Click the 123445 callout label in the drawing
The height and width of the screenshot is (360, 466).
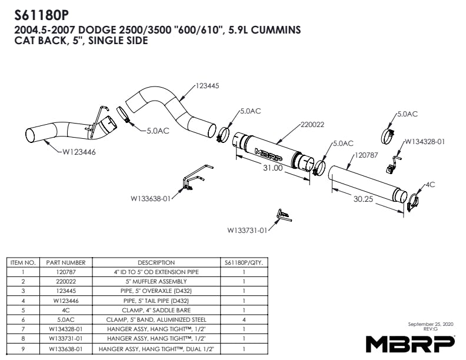pos(208,86)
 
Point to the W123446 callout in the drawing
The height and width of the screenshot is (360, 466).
pos(79,152)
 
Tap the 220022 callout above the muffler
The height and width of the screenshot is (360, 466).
pos(312,125)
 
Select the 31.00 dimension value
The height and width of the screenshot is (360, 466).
pos(273,168)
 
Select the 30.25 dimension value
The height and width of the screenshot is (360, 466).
pos(363,199)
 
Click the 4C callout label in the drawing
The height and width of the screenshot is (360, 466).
pos(430,185)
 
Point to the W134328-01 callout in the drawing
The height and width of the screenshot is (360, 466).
pos(425,142)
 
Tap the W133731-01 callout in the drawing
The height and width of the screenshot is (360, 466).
pos(247,230)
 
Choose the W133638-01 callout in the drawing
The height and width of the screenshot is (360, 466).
pos(151,198)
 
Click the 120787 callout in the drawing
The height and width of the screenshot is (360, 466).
pos(367,155)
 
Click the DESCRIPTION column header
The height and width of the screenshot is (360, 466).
pos(157,262)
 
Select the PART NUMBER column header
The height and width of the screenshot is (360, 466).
pos(66,262)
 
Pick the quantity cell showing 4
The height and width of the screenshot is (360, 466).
pos(244,319)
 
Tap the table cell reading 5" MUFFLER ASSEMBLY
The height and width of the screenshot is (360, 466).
pos(157,281)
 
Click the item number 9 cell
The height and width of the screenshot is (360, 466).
pos(23,348)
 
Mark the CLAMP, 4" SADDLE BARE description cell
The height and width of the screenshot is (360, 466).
pos(157,310)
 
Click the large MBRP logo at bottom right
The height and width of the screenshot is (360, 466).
pos(410,344)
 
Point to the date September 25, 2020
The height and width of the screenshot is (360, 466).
pos(431,324)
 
